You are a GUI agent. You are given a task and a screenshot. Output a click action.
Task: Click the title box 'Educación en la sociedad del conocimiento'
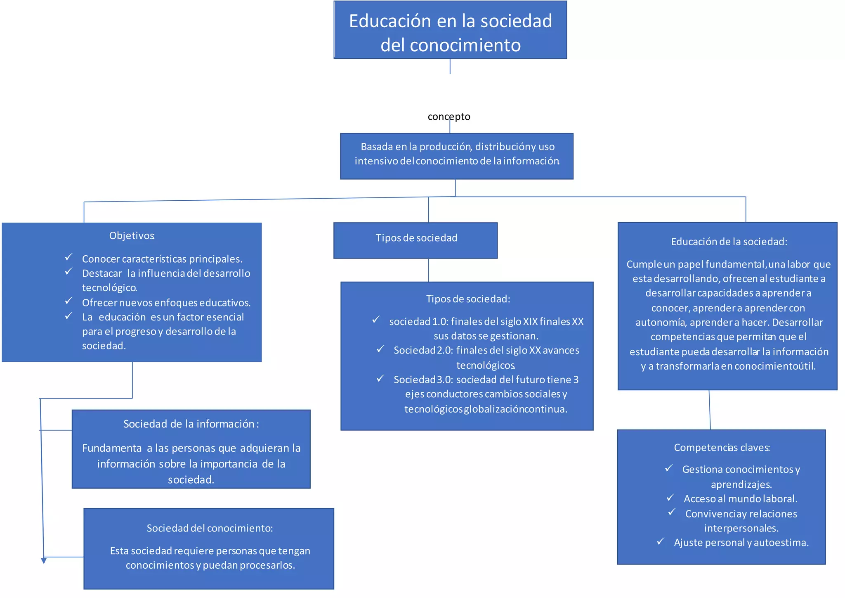pos(450,30)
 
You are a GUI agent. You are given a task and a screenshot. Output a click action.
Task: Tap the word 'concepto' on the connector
pos(449,116)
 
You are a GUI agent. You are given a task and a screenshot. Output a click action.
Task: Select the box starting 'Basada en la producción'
pos(456,156)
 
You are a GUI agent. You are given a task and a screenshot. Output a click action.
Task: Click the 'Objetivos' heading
pos(132,235)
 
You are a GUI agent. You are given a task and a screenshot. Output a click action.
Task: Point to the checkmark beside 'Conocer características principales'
pos(68,257)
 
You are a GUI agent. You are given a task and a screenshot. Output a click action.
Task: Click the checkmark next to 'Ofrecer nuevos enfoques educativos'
pos(68,301)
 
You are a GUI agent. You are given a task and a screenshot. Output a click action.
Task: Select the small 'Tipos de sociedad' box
pos(415,240)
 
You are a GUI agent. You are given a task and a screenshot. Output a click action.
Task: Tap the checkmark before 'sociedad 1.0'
pos(376,320)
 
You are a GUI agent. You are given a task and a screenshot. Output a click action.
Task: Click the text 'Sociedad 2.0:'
pos(423,350)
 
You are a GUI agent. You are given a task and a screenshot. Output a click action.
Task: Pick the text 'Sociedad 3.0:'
pos(423,380)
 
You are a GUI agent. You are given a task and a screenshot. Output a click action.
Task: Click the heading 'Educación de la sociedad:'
pos(729,242)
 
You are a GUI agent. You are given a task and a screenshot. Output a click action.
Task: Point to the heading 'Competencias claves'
pos(722,447)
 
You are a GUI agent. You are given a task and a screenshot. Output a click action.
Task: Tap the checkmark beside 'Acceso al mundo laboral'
pos(670,498)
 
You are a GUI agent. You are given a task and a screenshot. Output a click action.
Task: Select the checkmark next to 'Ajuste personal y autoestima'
pos(661,541)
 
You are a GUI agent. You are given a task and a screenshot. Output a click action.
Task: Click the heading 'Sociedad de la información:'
pos(191,424)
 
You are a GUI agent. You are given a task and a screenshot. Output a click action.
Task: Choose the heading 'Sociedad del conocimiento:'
pos(210,528)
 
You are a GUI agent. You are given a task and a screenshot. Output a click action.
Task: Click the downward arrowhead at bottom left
pos(44,560)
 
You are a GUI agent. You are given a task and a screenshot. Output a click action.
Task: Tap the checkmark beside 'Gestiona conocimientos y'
pos(669,468)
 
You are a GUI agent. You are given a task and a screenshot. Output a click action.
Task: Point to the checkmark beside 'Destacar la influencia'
pos(68,271)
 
